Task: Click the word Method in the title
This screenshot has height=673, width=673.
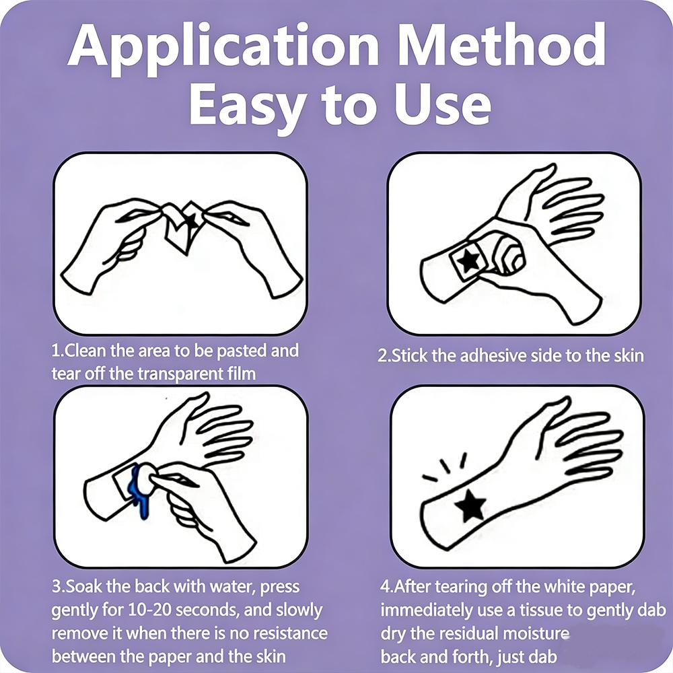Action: (502, 44)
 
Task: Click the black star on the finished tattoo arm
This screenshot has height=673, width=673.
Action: (470, 505)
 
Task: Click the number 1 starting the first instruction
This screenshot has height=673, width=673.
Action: (55, 351)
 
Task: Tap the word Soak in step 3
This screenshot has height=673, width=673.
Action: (82, 586)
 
